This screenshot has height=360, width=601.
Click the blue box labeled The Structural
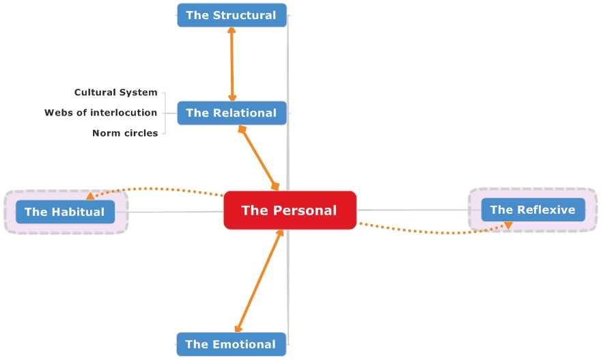point(232,15)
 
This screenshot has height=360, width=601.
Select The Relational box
point(232,113)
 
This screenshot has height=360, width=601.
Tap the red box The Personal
point(290,210)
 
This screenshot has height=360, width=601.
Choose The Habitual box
point(65,212)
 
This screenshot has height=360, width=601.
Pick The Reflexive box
point(533,210)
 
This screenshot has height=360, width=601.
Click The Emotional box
point(231,344)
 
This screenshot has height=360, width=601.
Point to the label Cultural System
point(115,92)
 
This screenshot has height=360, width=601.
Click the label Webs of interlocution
point(100,113)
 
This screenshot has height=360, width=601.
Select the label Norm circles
point(125,133)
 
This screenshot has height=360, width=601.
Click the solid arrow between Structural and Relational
point(232,65)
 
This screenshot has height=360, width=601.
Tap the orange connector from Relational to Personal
point(258,157)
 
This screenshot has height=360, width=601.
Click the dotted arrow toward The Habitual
point(157,189)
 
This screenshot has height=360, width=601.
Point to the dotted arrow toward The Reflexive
point(437,233)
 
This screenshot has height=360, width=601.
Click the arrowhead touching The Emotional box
point(238,330)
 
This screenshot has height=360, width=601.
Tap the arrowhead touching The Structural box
point(232,31)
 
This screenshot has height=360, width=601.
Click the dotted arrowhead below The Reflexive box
point(508,225)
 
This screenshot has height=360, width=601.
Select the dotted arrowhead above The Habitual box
point(90,196)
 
